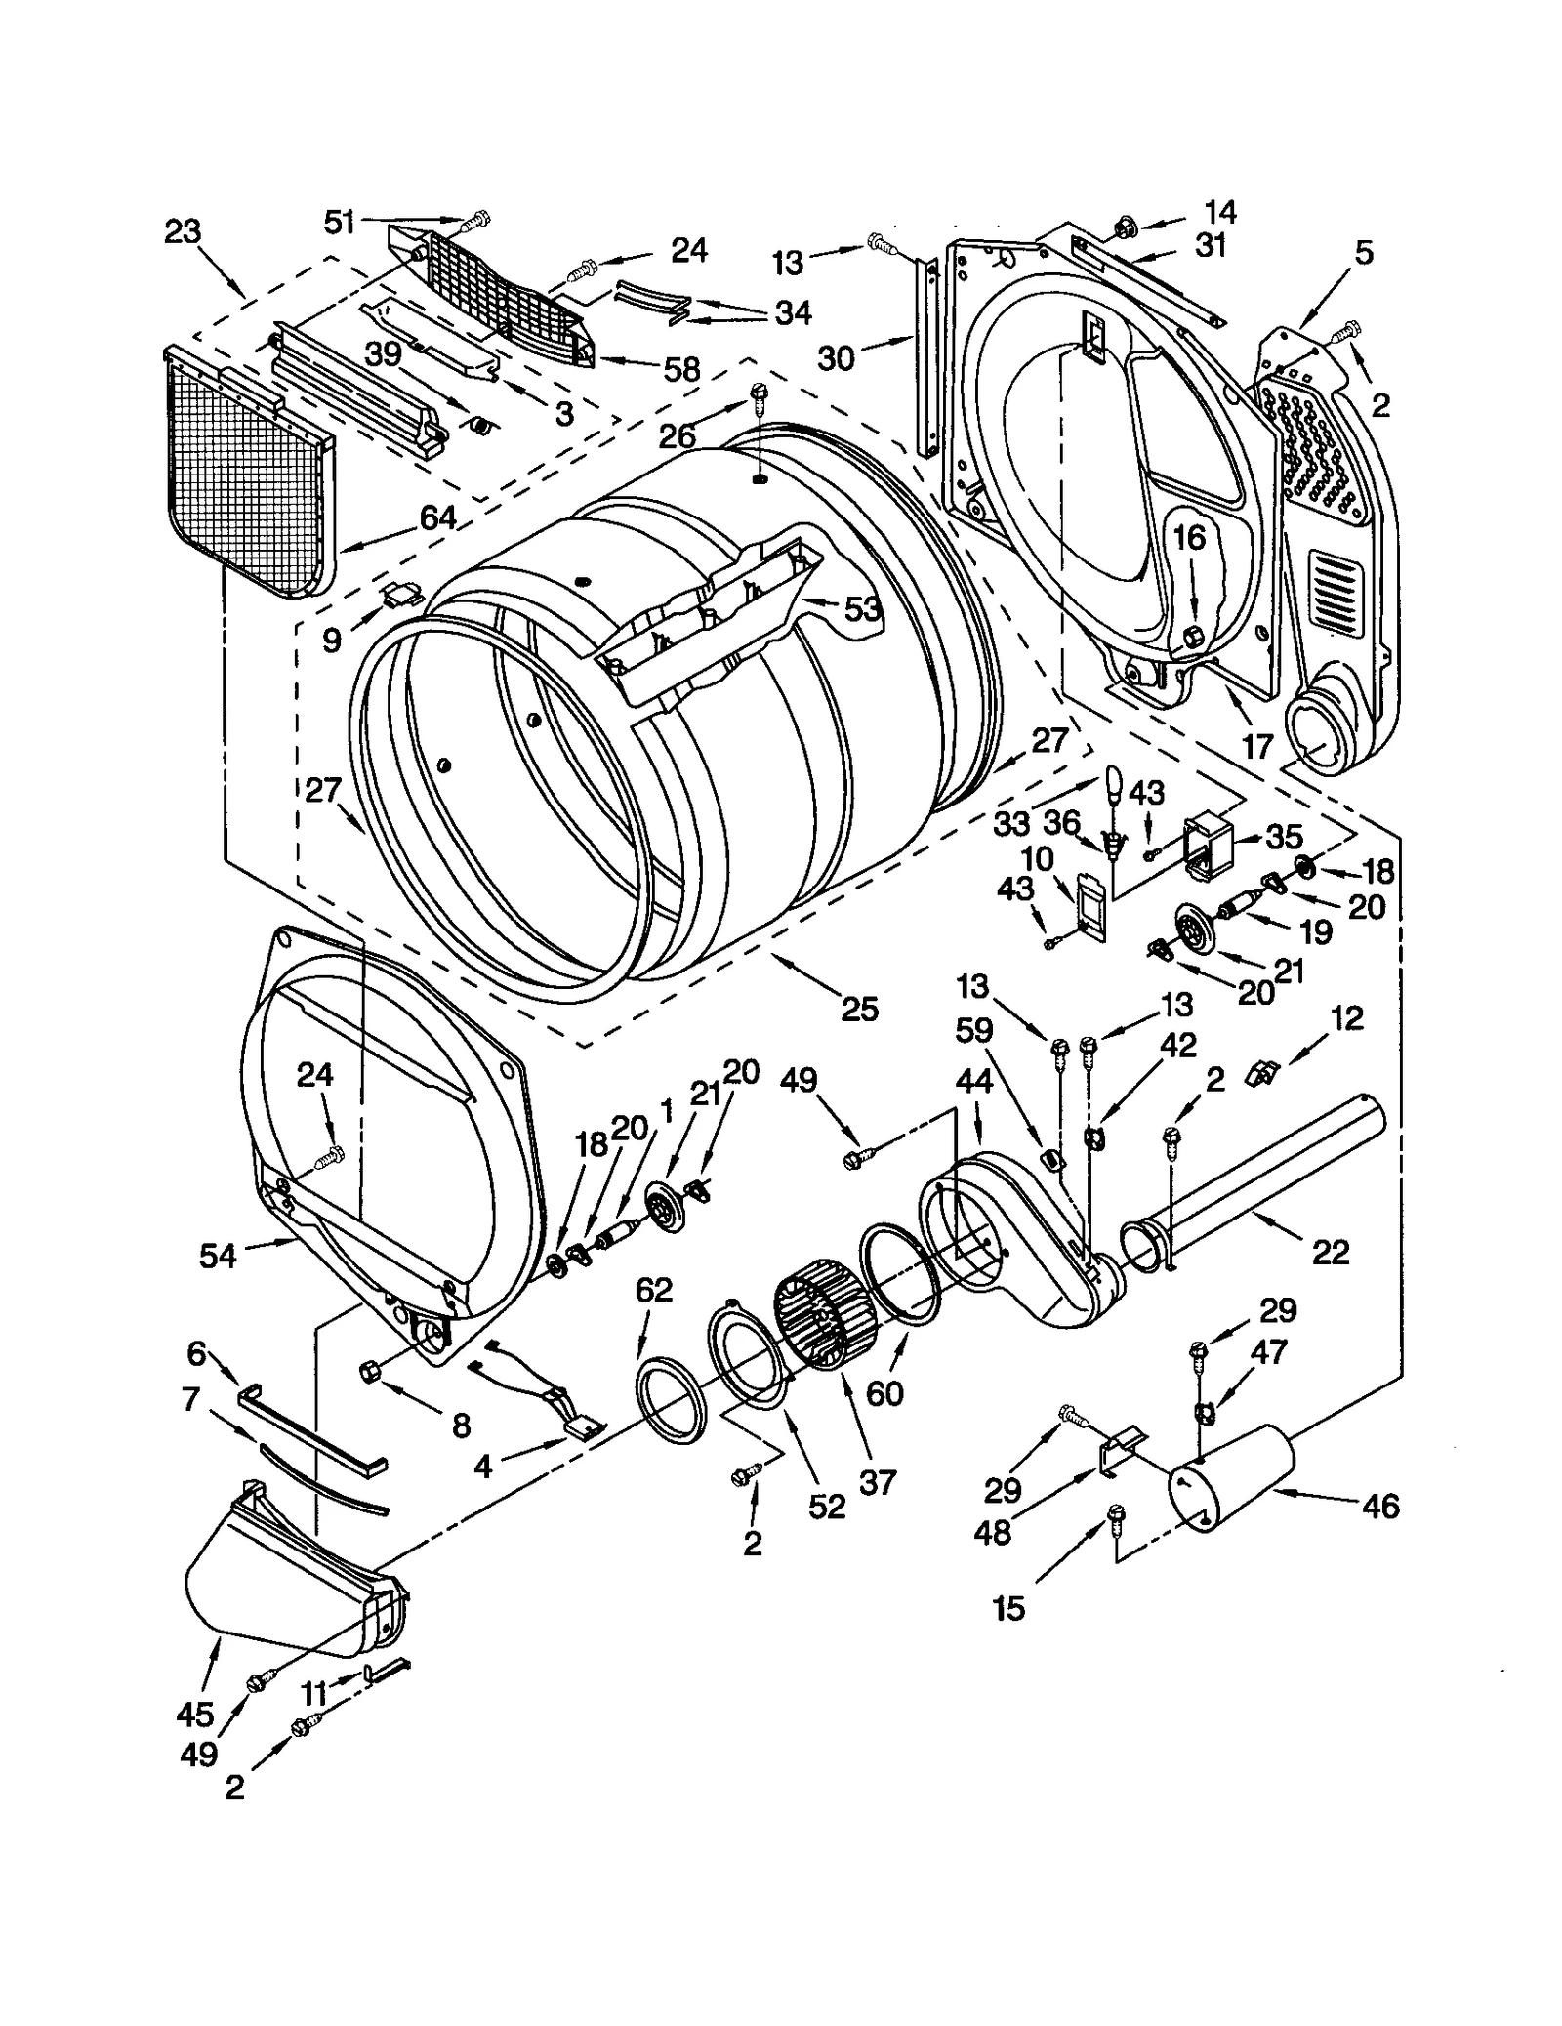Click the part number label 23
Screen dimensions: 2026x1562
[182, 232]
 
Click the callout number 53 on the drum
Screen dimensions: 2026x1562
[862, 609]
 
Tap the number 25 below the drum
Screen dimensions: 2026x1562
[859, 1008]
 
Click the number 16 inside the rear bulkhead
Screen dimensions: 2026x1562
[1189, 537]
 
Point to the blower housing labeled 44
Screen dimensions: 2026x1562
[1015, 1230]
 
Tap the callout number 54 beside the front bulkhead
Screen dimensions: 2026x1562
[217, 1256]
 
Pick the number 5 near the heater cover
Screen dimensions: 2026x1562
[1363, 253]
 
